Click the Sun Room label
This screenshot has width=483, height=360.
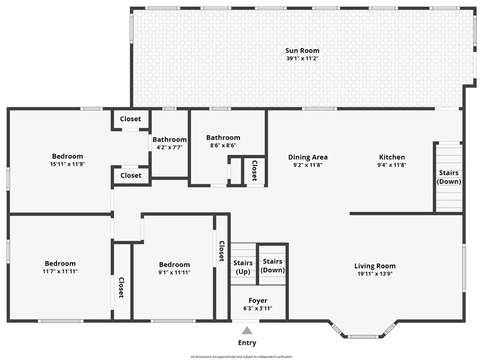[302, 50]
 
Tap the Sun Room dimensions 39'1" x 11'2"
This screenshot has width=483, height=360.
[302, 58]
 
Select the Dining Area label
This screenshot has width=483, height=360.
[308, 157]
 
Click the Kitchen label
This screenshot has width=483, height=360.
[392, 157]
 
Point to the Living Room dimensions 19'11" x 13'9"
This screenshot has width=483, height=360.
[375, 273]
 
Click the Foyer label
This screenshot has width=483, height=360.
[258, 300]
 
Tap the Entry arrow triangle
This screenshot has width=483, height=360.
[247, 330]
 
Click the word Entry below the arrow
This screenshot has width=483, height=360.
[247, 343]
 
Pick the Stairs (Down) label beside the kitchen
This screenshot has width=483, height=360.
[449, 177]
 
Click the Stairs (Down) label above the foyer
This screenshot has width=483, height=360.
[273, 265]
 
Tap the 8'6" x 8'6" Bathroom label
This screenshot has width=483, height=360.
[223, 137]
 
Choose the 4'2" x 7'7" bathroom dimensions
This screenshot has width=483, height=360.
[169, 147]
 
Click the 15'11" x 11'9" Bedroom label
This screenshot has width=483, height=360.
[67, 156]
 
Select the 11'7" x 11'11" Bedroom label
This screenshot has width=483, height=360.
[60, 264]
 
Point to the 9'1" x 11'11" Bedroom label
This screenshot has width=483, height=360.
[174, 264]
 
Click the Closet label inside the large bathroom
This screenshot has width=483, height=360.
[254, 170]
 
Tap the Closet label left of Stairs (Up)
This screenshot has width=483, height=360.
[222, 251]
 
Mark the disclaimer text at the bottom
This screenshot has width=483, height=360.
[241, 357]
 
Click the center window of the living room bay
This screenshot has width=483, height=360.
[362, 336]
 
